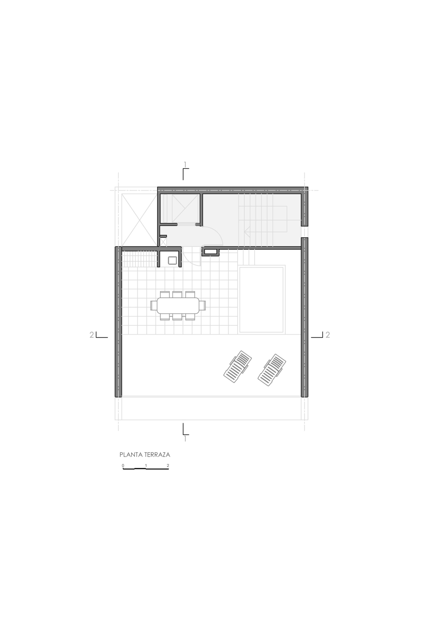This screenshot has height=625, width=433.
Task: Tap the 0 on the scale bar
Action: pyautogui.click(x=123, y=466)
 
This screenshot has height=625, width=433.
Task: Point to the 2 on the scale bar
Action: pyautogui.click(x=168, y=466)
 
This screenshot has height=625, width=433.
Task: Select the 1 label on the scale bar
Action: pyautogui.click(x=146, y=466)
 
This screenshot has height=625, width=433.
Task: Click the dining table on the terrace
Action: pyautogui.click(x=178, y=306)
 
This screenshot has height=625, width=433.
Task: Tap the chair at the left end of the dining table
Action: pyautogui.click(x=154, y=305)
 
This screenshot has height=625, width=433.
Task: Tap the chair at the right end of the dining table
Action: pyautogui.click(x=202, y=305)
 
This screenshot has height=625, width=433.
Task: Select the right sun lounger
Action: pyautogui.click(x=272, y=370)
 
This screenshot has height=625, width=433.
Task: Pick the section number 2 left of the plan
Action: pyautogui.click(x=92, y=335)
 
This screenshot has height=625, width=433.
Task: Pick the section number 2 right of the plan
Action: pyautogui.click(x=328, y=335)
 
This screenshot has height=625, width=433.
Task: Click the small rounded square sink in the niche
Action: pyautogui.click(x=173, y=260)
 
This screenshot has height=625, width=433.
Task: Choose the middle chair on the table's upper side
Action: pyautogui.click(x=177, y=295)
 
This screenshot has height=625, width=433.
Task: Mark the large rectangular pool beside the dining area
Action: pyautogui.click(x=261, y=300)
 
